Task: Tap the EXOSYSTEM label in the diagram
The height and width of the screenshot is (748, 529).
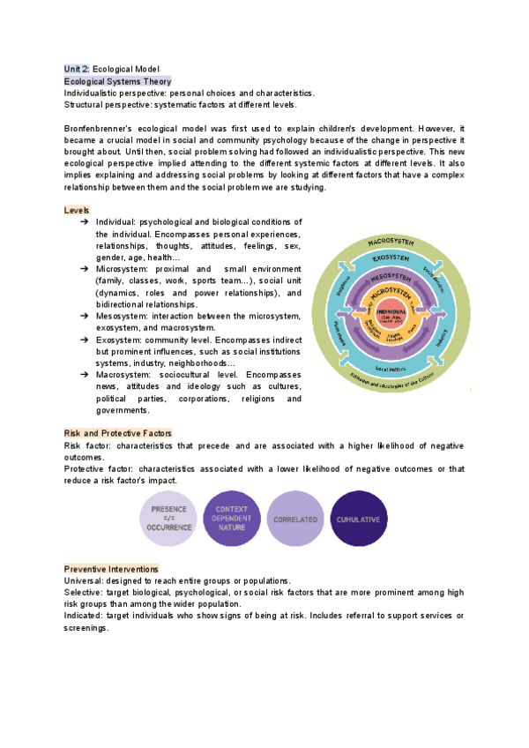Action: tap(391, 258)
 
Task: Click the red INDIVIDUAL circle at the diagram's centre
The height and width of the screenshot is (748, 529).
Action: tap(391, 315)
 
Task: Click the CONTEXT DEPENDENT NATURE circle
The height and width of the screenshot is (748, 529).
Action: tap(232, 520)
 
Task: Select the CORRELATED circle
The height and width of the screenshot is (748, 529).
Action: tap(295, 520)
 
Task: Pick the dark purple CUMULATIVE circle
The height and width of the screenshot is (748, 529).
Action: tap(358, 520)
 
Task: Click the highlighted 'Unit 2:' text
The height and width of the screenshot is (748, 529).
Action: tap(77, 68)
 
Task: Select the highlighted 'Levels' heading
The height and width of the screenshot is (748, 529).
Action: tap(77, 210)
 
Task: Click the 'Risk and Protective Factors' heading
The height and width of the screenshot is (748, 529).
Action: tap(118, 433)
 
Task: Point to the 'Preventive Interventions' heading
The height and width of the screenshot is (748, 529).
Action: tap(111, 569)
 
